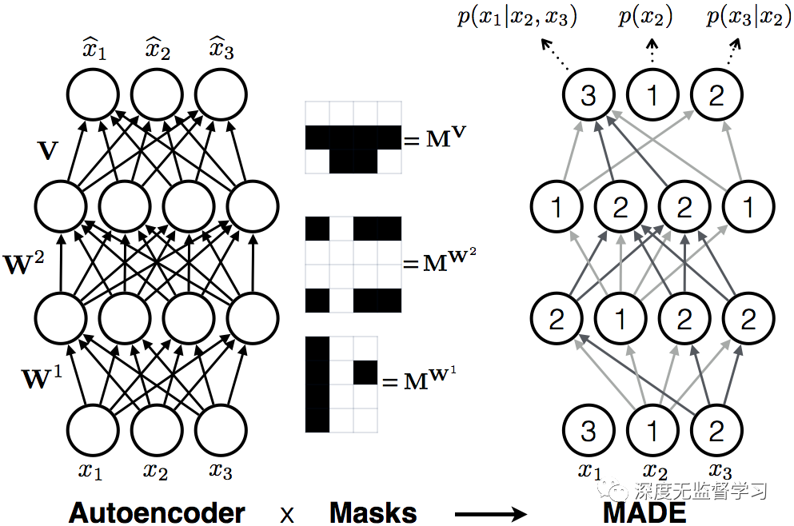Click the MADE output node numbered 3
click(x=589, y=97)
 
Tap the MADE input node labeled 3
click(x=589, y=431)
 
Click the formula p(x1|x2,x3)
click(x=517, y=18)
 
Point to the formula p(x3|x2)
click(x=744, y=18)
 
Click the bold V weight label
click(x=48, y=150)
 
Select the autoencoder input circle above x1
click(x=91, y=429)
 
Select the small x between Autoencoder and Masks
click(x=285, y=513)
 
